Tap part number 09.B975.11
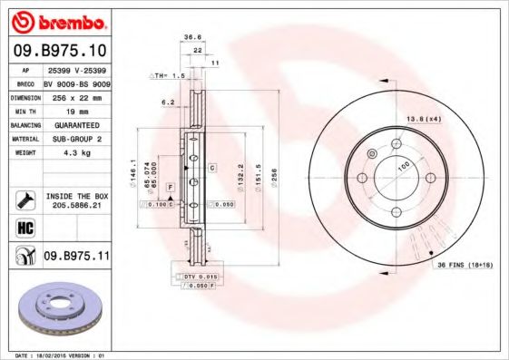pos(76,257)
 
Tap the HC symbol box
pos(25,227)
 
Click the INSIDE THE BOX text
pos(76,196)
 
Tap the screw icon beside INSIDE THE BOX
pos(25,200)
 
